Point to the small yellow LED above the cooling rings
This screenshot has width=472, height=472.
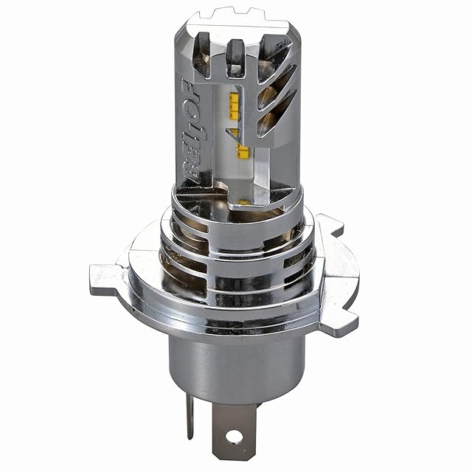pos(244,201)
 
